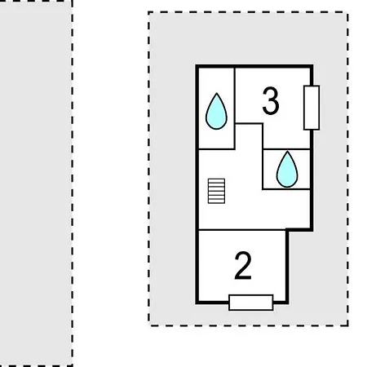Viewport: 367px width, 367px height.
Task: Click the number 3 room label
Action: (271, 101)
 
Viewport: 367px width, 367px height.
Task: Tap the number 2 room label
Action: (243, 266)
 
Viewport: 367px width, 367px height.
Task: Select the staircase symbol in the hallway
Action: (216, 191)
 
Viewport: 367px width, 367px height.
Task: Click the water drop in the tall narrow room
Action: (216, 111)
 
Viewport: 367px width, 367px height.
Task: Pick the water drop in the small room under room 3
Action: (287, 170)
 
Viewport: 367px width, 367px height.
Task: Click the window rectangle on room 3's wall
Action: (312, 108)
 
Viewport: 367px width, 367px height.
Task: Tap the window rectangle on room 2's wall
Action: (251, 303)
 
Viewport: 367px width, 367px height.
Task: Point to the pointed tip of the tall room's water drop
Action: (217, 93)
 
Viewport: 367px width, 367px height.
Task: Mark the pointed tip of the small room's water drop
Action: (287, 152)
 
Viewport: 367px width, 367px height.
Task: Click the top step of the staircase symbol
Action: (216, 180)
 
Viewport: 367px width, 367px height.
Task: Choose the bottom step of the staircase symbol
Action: (216, 202)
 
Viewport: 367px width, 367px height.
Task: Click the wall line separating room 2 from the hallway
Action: (242, 230)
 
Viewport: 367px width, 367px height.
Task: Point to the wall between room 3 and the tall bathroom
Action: (235, 95)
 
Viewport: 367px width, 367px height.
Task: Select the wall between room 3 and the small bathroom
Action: (286, 149)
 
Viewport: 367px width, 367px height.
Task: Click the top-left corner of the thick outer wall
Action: (197, 66)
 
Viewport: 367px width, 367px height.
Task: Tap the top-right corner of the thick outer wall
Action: (312, 66)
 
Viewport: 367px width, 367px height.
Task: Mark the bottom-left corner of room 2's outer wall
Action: (197, 303)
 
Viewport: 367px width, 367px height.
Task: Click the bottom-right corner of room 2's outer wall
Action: (287, 303)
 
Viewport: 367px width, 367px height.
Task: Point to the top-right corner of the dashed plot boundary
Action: (347, 12)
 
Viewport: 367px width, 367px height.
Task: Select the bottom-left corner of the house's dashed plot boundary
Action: (149, 325)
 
